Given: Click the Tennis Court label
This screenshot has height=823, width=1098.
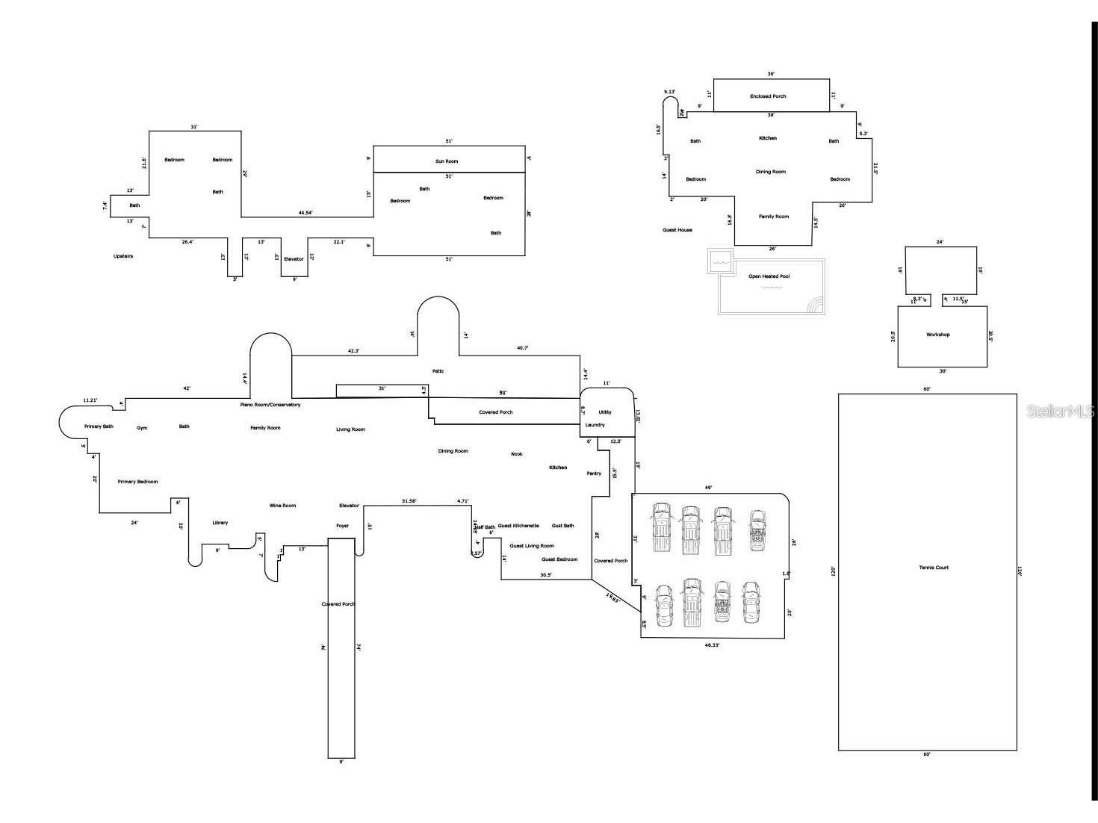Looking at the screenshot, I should tap(934, 568).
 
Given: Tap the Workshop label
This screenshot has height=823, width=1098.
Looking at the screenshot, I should tap(938, 335).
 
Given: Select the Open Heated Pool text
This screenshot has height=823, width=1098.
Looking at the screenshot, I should tap(769, 276).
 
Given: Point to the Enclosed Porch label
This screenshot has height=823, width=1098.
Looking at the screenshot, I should tap(768, 96).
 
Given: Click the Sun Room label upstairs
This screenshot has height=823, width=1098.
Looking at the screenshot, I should tap(447, 161).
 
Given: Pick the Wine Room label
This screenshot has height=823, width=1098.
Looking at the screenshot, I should tap(282, 506).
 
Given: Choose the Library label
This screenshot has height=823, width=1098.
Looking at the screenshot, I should tap(220, 523).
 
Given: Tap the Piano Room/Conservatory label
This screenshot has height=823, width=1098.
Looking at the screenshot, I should tap(270, 405).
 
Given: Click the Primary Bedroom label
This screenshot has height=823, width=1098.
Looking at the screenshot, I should tap(137, 482).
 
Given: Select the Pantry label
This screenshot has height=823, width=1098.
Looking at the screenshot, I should tap(594, 473).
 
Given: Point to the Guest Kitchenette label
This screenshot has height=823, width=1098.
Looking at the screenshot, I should tap(518, 526).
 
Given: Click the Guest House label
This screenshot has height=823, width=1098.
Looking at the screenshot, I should tap(677, 230).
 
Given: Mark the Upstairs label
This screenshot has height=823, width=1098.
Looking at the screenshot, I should tap(123, 256).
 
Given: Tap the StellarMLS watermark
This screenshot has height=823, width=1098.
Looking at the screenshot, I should tap(1060, 411).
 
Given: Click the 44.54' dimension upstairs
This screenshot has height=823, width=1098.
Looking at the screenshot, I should tap(305, 213).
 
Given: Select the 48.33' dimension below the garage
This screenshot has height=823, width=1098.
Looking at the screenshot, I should tap(712, 645).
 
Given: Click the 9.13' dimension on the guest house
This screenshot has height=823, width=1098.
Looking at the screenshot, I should tap(670, 92).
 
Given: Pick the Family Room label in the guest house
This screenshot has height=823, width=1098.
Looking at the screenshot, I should tap(773, 217).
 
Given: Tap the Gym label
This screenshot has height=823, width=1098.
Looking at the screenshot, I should tap(142, 428).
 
